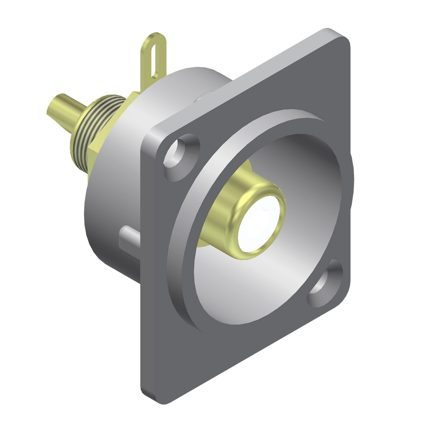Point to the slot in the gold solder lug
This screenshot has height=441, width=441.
pyautogui.click(x=154, y=56)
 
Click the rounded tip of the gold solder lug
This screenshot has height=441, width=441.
pyautogui.click(x=155, y=35)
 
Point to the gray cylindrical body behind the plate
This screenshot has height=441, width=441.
pyautogui.click(x=108, y=215)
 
